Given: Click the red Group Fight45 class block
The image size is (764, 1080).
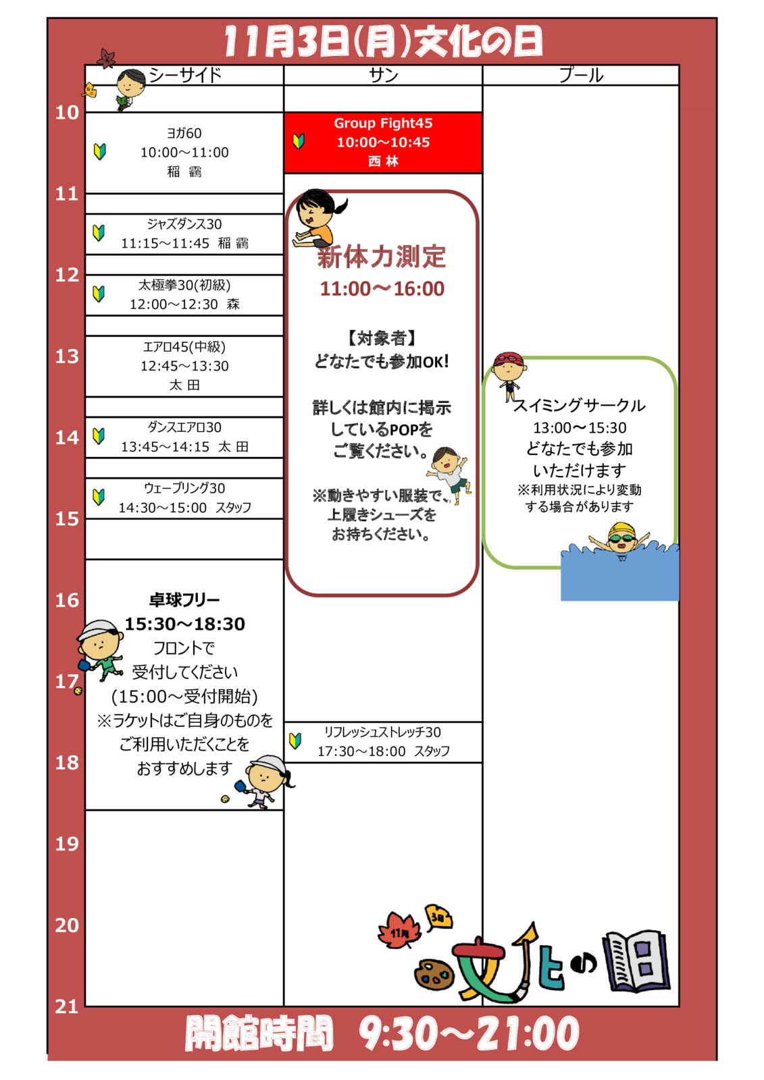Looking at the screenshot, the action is pyautogui.click(x=383, y=142).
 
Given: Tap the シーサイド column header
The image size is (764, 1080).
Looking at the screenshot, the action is pyautogui.click(x=185, y=75).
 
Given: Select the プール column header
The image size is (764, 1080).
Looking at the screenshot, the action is pyautogui.click(x=581, y=75).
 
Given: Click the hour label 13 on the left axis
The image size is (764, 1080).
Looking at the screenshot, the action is pyautogui.click(x=67, y=356).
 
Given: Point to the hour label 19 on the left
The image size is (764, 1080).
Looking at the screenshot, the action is pyautogui.click(x=67, y=844).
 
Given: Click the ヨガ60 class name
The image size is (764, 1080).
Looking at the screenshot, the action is pyautogui.click(x=184, y=133).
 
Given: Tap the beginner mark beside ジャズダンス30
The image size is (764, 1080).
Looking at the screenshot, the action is pyautogui.click(x=99, y=233).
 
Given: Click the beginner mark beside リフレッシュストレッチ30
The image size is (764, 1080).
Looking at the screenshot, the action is pyautogui.click(x=295, y=740).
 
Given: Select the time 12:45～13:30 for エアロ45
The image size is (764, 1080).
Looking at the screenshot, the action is pyautogui.click(x=184, y=366).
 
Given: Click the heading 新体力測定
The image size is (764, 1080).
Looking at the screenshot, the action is pyautogui.click(x=382, y=257).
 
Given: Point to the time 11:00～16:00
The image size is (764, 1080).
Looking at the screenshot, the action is pyautogui.click(x=382, y=289).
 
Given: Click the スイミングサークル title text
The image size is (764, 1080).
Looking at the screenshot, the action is pyautogui.click(x=580, y=405).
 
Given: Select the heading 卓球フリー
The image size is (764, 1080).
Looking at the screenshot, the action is pyautogui.click(x=184, y=599).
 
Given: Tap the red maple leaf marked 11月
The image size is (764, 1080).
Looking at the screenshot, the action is pyautogui.click(x=400, y=931).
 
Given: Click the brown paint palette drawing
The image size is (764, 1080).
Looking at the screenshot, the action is pyautogui.click(x=433, y=975).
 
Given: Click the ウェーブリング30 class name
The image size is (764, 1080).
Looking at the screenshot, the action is pyautogui.click(x=184, y=488).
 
